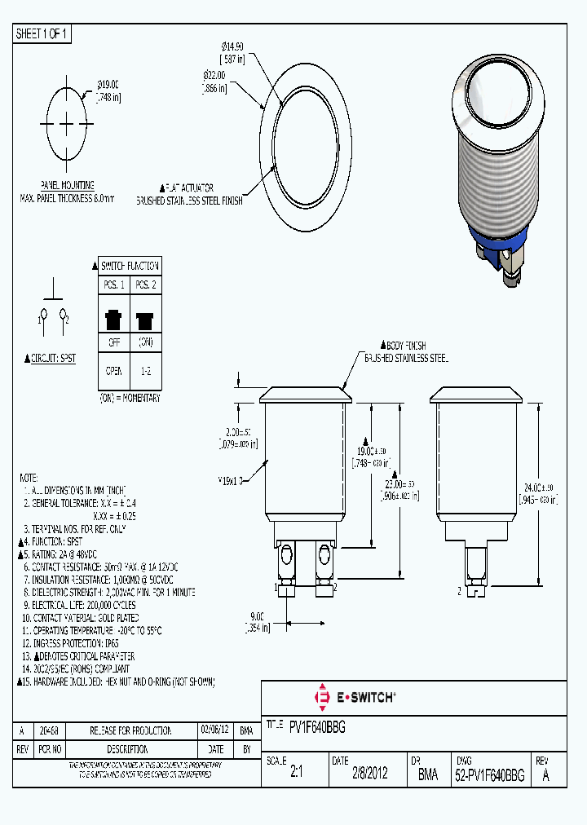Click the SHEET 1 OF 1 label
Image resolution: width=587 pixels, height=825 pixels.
point(42,33)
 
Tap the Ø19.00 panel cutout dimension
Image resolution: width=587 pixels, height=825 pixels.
point(108,84)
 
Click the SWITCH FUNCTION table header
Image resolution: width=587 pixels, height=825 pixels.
point(129,266)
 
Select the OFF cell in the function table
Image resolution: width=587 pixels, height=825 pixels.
point(113,342)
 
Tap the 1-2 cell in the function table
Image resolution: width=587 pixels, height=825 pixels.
point(145,371)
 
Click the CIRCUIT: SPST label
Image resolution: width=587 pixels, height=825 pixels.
point(51,357)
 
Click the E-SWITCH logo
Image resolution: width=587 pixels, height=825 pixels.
point(354,697)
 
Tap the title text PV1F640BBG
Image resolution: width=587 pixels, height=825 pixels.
point(317,725)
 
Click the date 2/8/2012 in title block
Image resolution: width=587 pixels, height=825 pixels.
point(369,776)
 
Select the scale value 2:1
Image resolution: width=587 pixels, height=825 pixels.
point(296,776)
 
